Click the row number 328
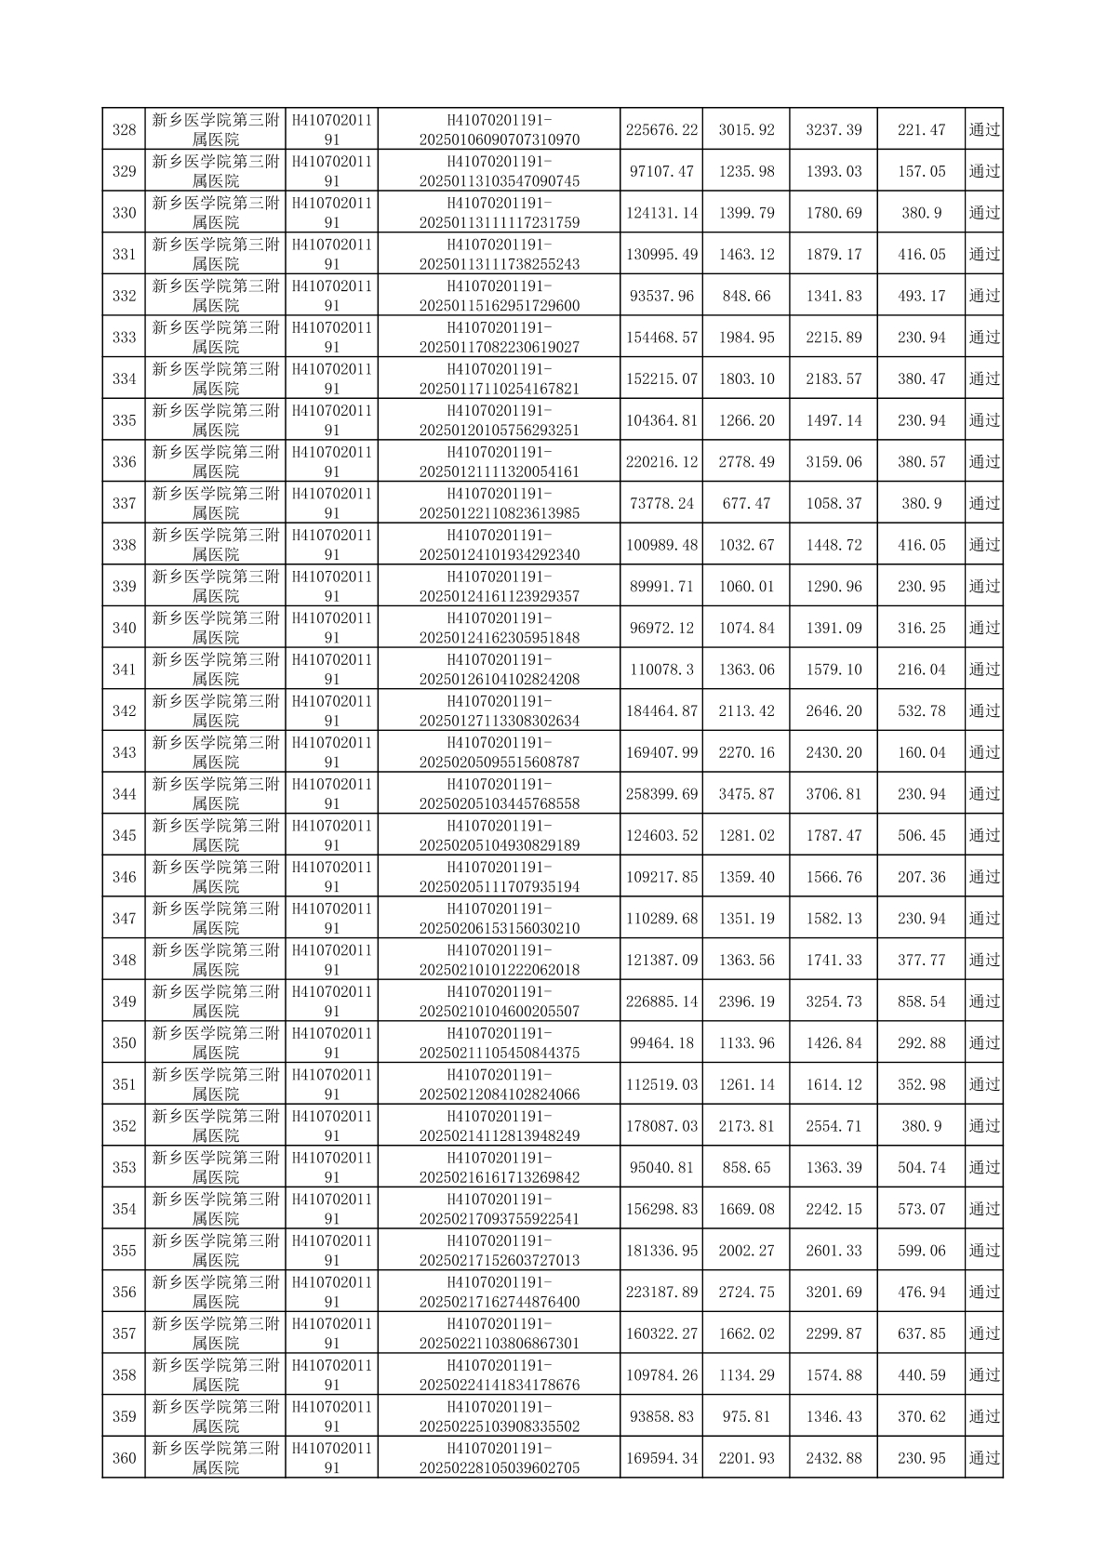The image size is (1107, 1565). [x=124, y=129]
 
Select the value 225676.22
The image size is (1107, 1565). [x=661, y=129]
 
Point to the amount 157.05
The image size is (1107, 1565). [x=921, y=171]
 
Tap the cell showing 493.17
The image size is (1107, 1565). [x=921, y=296]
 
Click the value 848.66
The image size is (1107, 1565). [x=746, y=296]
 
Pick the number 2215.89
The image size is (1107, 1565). [x=834, y=338]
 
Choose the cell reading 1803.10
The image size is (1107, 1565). [x=746, y=378]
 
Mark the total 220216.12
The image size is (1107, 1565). [x=661, y=462]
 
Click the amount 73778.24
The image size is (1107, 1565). [x=661, y=503]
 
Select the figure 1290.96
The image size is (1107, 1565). [x=834, y=587]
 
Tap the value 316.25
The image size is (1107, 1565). [x=921, y=628]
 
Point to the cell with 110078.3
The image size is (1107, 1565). [x=661, y=670]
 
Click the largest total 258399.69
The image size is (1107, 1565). [x=661, y=794]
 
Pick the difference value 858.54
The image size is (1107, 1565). [x=921, y=1001]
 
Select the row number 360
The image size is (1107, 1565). [x=124, y=1458]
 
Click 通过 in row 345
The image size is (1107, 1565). [x=984, y=835]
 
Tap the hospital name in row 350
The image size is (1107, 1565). [x=215, y=1042]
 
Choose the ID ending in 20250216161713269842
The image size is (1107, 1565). [x=500, y=1168]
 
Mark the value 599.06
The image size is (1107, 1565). [x=921, y=1251]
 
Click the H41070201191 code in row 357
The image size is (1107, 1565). [x=332, y=1333]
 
